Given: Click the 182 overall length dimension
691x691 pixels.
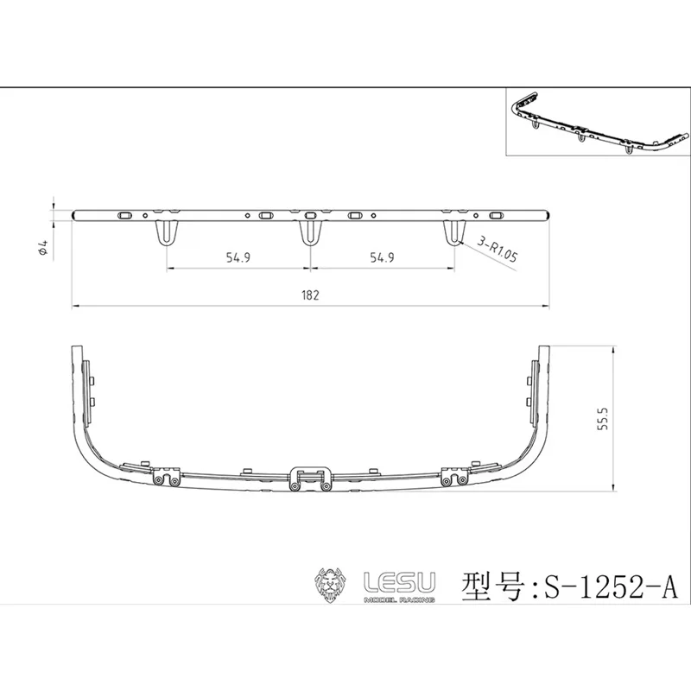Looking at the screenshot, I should point(311,295).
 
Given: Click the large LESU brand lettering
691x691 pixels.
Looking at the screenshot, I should point(400,581).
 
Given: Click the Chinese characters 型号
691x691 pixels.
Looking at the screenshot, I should point(494,586).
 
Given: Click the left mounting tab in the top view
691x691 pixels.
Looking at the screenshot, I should point(167,233).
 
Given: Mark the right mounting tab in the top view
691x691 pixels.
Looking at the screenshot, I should point(453,233).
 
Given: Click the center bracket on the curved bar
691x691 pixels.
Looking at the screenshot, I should point(310,478).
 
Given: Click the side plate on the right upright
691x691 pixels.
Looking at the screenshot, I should point(533,380).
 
